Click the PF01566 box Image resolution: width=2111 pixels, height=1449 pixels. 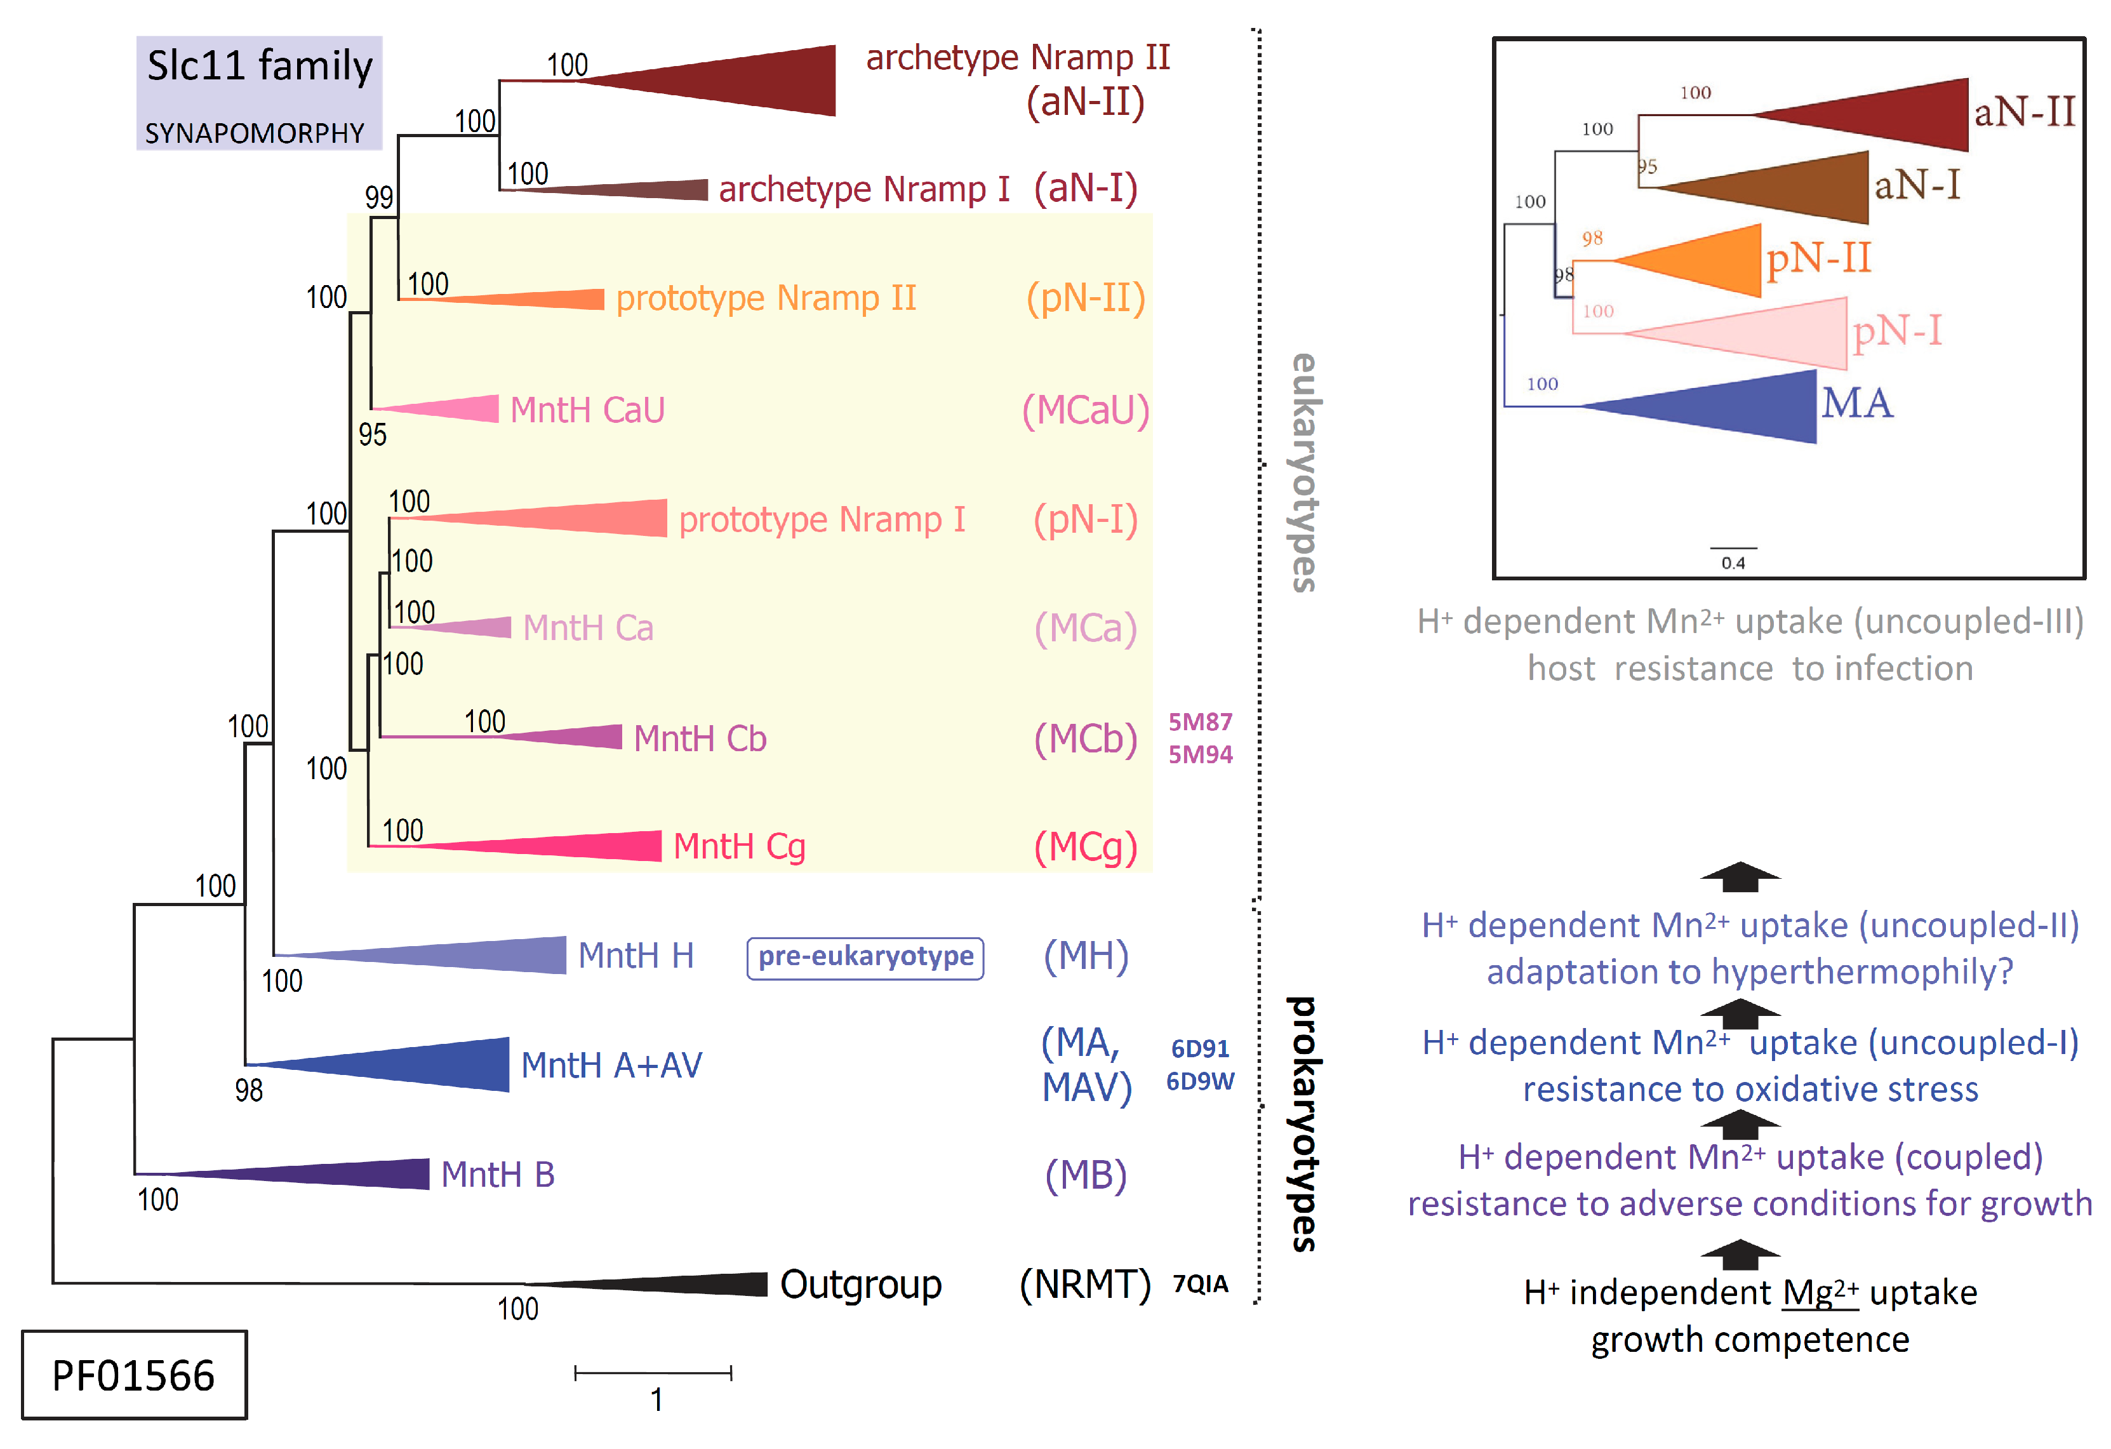click(133, 1375)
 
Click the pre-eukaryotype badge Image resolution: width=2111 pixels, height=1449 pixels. click(865, 958)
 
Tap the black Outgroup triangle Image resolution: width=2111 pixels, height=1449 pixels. click(690, 1284)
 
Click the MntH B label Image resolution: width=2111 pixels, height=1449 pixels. click(498, 1175)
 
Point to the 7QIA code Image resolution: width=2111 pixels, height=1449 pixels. click(1200, 1284)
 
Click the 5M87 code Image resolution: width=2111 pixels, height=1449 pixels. click(1200, 722)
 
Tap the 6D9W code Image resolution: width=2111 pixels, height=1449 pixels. click(1200, 1081)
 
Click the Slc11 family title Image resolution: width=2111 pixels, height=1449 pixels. click(260, 66)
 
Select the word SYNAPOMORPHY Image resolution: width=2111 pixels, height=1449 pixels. click(255, 133)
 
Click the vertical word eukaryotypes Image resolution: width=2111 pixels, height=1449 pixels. click(1305, 472)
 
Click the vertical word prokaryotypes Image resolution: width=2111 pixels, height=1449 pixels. click(1305, 1125)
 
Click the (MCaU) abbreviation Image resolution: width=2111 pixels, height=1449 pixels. click(1086, 411)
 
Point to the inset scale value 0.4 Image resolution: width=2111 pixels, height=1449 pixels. click(1733, 563)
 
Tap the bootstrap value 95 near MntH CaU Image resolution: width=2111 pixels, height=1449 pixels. click(373, 435)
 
